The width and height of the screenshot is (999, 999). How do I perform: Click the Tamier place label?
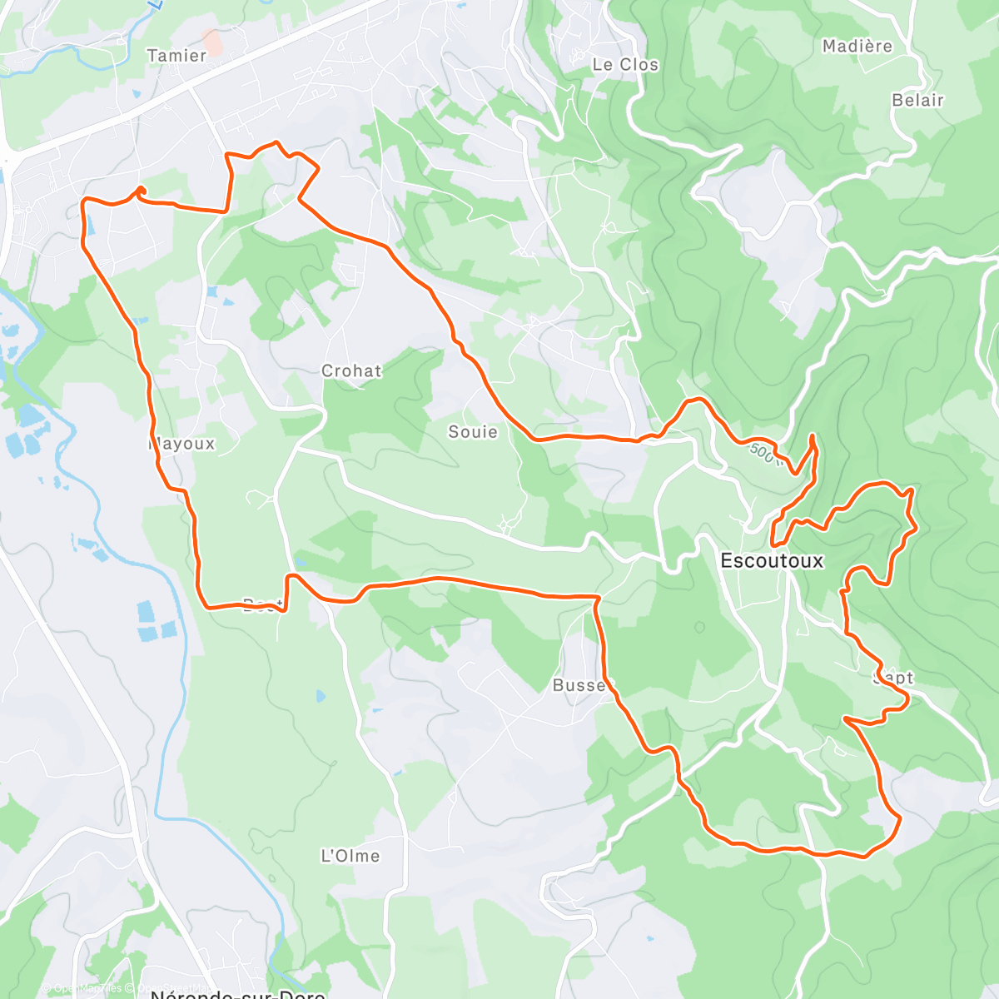[176, 56]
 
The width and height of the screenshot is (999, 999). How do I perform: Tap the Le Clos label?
[625, 65]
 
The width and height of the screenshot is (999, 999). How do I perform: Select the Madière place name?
[857, 47]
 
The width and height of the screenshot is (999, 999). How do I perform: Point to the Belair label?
[917, 101]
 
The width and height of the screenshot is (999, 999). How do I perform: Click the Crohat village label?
[351, 371]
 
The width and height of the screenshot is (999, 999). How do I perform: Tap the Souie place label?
[473, 432]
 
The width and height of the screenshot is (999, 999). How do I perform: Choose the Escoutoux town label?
[772, 561]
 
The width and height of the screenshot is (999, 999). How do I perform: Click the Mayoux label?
[182, 444]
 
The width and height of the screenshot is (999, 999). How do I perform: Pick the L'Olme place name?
[350, 856]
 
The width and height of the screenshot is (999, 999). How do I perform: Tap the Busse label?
[579, 685]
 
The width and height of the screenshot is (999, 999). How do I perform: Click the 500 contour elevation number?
[763, 454]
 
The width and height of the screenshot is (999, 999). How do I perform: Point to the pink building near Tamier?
[213, 42]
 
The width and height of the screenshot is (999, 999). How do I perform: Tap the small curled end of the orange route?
[140, 191]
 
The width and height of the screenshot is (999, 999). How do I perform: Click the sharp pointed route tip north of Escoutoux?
[813, 435]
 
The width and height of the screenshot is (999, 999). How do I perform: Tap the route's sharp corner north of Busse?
[597, 598]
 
